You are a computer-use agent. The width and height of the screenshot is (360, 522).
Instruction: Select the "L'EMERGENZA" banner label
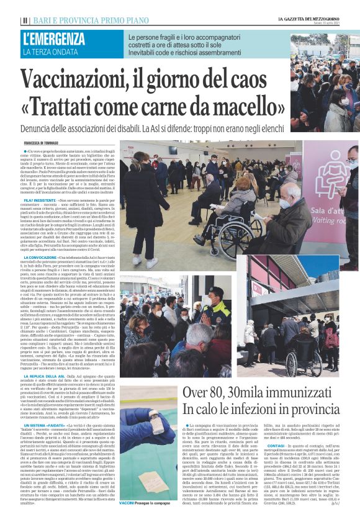54,39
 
